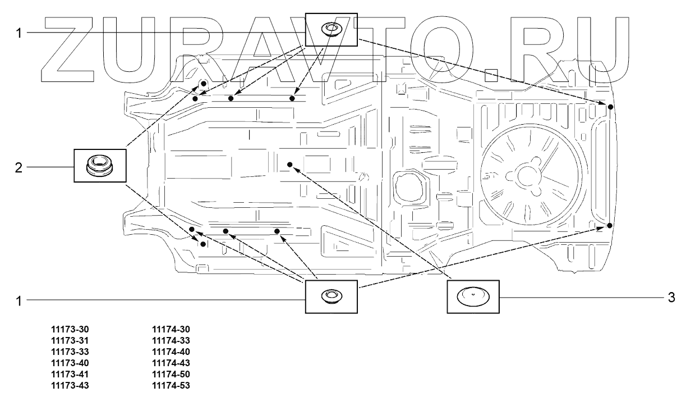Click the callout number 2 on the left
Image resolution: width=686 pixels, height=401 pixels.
coord(19,167)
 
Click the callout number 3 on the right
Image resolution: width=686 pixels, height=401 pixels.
coord(671,297)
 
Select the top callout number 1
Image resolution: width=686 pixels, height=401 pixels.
coord(19,33)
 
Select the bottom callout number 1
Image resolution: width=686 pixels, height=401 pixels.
coord(19,301)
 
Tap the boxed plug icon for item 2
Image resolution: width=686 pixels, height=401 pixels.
coord(99,165)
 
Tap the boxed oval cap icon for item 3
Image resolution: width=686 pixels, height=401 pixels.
coord(472,296)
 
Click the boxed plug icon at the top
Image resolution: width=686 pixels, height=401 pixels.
coord(331,30)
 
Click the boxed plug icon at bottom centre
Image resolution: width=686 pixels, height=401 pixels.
coord(331,295)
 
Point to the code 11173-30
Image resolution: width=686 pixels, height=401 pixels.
coord(70,330)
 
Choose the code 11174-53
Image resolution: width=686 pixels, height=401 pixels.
coord(171,385)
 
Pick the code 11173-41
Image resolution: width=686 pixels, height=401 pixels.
coord(70,374)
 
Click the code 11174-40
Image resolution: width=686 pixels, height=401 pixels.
coord(171,352)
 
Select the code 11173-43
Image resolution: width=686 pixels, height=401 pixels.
coord(70,385)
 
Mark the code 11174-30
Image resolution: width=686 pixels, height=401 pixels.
coord(171,330)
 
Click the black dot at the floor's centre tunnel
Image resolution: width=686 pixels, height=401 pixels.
coord(290,164)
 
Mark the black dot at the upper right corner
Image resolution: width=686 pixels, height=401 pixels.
coord(610,106)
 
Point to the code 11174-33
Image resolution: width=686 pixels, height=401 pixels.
coord(171,341)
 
